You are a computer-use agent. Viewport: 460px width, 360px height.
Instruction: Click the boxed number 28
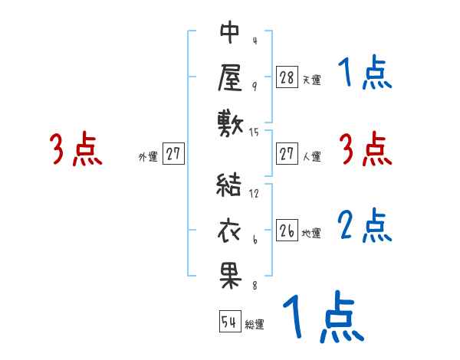(287, 77)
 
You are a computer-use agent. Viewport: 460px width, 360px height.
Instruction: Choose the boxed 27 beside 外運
(173, 155)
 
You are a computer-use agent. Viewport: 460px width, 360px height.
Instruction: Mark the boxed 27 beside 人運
(287, 155)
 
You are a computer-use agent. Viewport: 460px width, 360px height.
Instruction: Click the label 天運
(311, 79)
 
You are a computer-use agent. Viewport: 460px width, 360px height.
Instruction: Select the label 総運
(255, 325)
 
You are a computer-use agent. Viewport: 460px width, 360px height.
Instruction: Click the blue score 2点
(365, 225)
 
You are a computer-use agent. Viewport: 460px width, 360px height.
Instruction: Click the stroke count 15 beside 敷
(255, 133)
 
